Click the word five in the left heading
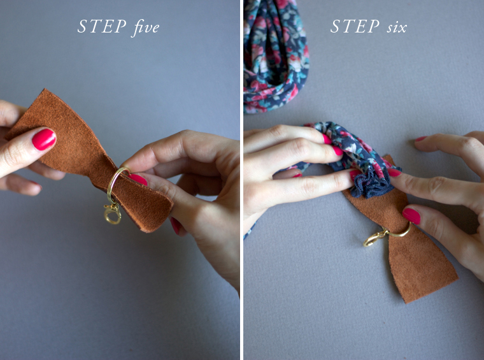click(144, 27)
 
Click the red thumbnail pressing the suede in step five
click(44, 139)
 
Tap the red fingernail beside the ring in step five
click(138, 180)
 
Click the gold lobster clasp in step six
click(372, 239)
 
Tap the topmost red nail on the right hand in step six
click(420, 138)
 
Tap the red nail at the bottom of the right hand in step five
click(175, 225)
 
